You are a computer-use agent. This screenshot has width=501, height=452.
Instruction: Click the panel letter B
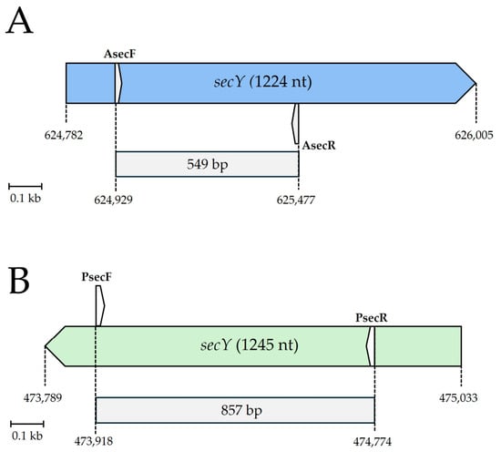pos(19,282)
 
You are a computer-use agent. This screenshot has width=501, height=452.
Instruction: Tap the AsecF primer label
pos(120,54)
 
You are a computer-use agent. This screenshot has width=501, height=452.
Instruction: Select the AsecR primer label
pos(319,146)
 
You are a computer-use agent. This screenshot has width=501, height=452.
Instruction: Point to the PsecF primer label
pos(97,276)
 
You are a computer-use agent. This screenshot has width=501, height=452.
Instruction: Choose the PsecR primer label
pos(372,318)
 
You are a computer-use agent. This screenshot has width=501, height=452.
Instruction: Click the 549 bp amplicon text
pos(208,165)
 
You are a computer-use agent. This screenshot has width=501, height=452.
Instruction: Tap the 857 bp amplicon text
pos(241,410)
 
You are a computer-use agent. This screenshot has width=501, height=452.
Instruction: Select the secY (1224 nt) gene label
pos(262,82)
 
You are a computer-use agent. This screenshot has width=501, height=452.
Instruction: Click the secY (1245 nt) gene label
pos(250,345)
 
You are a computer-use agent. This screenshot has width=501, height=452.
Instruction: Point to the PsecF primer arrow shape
pos(100,306)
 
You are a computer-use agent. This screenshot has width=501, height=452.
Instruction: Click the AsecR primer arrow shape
pos(295,124)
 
